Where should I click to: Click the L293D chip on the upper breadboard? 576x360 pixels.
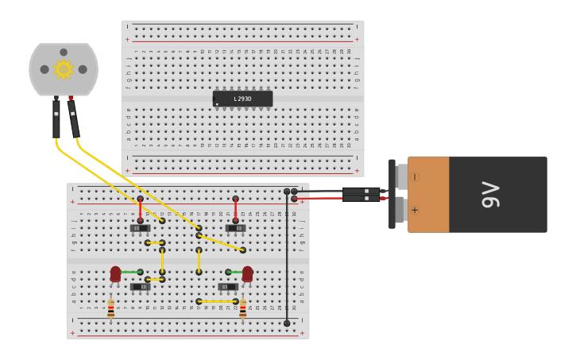242,99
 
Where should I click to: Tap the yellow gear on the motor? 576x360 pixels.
64,69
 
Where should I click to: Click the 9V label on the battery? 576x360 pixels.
491,195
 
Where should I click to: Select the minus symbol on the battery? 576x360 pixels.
415,177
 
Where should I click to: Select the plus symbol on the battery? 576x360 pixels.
415,211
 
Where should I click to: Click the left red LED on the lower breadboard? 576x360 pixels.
116,274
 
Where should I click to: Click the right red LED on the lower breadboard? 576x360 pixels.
248,274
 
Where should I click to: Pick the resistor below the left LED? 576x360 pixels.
110,308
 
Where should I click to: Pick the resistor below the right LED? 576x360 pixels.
242,308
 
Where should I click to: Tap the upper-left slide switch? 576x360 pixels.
140,228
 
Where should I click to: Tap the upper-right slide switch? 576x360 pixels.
235,228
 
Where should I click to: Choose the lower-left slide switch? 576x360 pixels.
140,287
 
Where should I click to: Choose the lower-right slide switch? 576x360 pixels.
228,287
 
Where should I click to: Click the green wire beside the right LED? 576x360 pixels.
234,272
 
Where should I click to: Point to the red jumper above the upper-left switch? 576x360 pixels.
141,209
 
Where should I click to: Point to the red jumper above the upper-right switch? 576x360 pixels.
236,209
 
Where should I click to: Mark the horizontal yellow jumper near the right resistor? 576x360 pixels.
217,302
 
